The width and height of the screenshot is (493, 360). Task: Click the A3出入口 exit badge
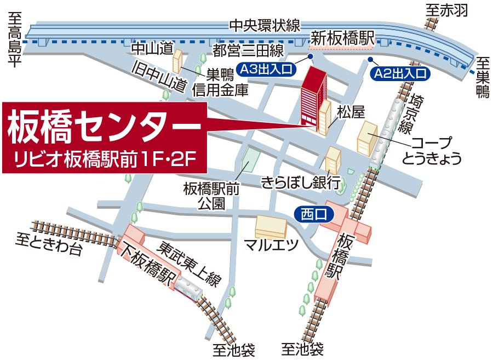click(267, 69)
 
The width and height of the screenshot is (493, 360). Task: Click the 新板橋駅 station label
click(342, 38)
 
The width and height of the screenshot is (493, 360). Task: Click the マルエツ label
click(271, 243)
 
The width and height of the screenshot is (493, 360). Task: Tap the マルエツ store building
click(272, 225)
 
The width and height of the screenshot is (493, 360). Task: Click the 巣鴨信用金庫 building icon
click(179, 60)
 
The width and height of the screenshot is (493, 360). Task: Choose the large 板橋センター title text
click(104, 128)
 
